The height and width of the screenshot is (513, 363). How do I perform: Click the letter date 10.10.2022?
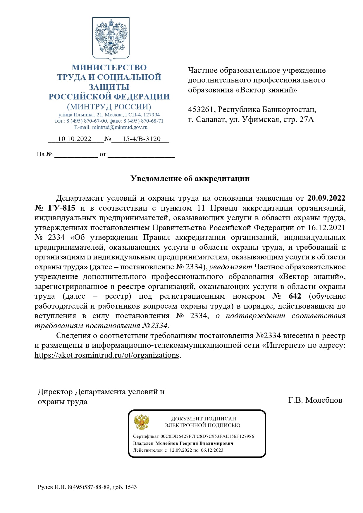(75, 139)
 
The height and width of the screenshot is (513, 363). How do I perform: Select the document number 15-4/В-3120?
(142, 139)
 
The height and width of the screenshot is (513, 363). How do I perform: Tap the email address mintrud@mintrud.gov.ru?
(120, 127)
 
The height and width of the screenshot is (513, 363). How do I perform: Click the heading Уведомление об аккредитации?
(190, 178)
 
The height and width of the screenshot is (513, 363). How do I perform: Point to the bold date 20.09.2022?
(326, 198)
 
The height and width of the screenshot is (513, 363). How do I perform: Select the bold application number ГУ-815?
(62, 208)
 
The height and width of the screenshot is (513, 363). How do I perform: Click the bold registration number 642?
(295, 296)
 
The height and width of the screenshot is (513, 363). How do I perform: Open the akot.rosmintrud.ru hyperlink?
(107, 355)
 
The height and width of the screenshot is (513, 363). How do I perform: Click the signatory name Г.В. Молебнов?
(315, 400)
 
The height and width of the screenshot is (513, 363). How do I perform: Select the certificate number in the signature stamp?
(207, 436)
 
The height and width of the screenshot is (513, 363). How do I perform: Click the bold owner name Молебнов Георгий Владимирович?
(194, 443)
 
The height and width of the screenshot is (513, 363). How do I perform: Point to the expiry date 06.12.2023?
(212, 450)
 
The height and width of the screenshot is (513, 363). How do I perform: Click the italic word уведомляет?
(230, 267)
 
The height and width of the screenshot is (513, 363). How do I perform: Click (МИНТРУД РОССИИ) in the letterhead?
(109, 106)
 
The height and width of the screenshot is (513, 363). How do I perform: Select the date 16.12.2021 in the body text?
(326, 228)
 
